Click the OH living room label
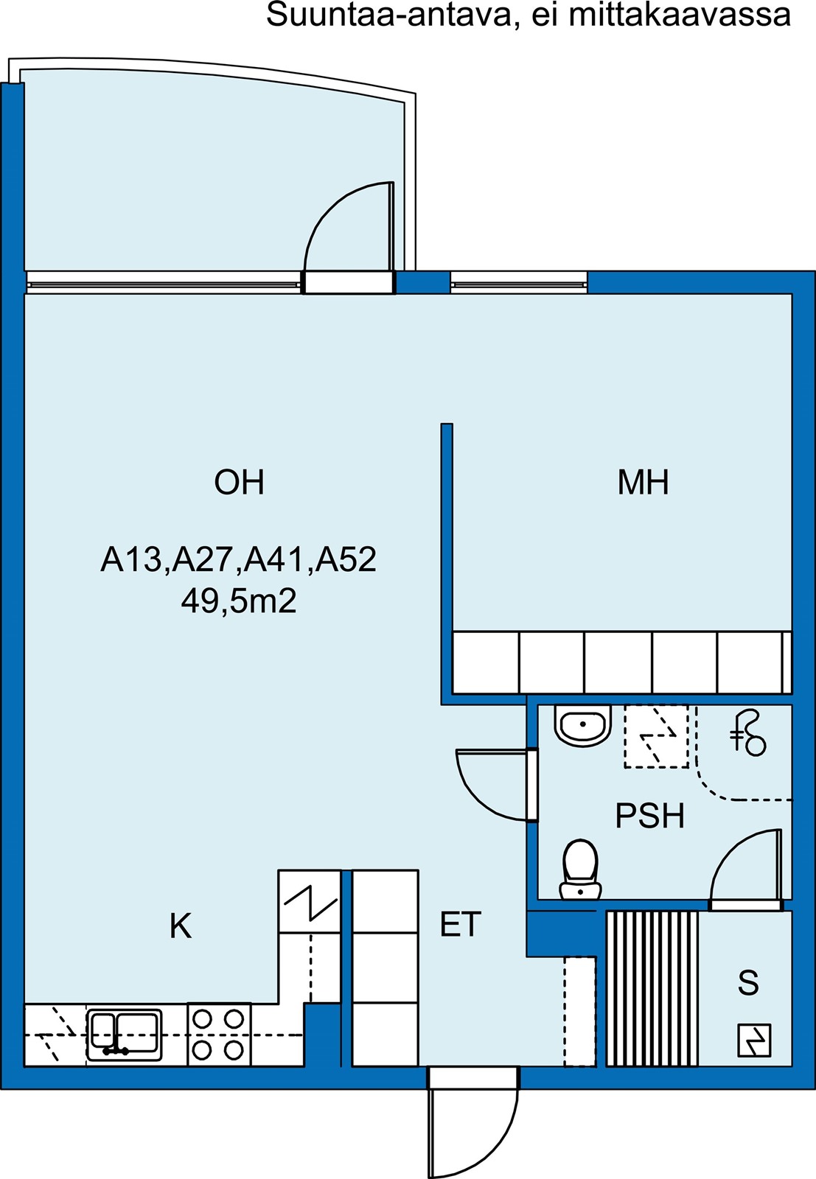[239, 482]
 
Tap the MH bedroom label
[643, 482]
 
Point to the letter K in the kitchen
[181, 940]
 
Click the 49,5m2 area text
[239, 601]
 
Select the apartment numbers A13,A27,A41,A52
[239, 559]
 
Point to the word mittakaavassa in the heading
[680, 15]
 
